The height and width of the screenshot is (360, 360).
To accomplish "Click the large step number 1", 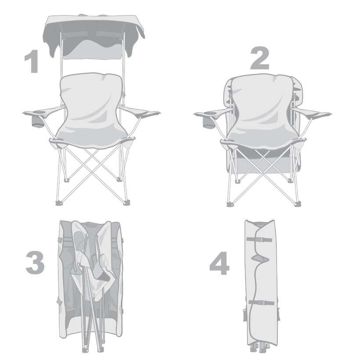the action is pos(32,61).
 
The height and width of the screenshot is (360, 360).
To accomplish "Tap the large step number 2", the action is pos(259,58).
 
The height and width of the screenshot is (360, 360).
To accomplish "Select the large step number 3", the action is pos(35,263).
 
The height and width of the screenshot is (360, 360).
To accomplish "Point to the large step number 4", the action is pos(220,263).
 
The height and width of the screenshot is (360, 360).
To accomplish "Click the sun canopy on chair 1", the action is pos(93,34).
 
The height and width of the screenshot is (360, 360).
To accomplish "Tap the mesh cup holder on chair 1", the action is pos(37,122).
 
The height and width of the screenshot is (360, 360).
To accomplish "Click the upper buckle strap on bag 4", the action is pos(259,240).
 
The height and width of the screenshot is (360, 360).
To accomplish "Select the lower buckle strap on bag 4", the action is pos(262,302).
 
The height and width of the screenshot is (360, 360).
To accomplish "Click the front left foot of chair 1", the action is pos(59,203).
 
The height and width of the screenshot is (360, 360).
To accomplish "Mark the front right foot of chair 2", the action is pos(298,204).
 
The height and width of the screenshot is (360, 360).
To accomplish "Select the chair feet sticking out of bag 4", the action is pos(263,349).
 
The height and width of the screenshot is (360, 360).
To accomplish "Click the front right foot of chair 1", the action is pos(126,202).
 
